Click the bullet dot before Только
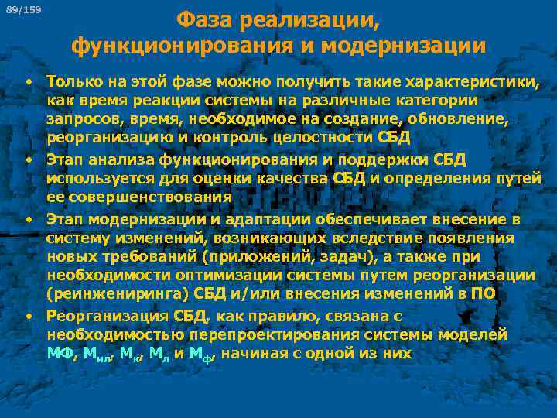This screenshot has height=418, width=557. click(28, 81)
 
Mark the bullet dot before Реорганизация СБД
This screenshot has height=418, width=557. click(28, 316)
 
